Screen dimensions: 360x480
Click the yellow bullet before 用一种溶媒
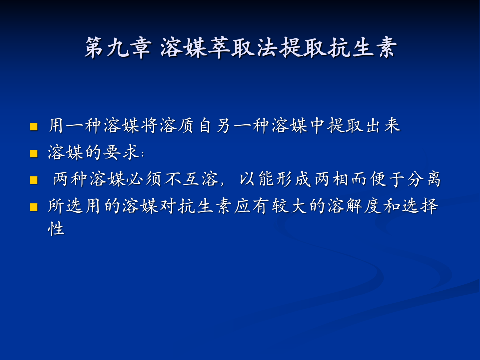point(34,126)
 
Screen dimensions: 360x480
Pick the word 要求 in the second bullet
point(122,153)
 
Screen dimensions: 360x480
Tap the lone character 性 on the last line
point(57,229)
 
